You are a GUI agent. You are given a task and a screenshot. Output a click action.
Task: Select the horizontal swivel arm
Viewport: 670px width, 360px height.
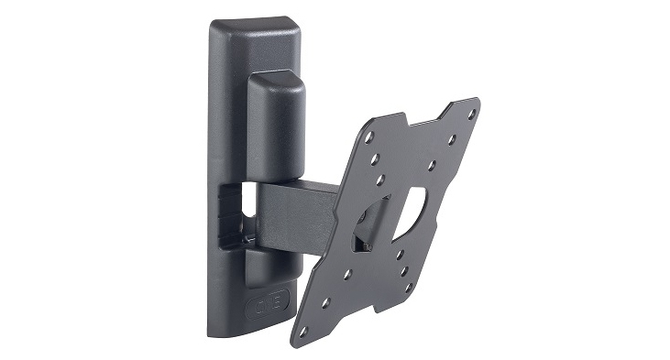tap(298, 210)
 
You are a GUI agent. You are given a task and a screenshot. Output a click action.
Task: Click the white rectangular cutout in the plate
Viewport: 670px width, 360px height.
tap(415, 207)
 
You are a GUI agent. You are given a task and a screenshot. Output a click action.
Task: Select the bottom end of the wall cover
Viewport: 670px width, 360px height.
tap(240, 330)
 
